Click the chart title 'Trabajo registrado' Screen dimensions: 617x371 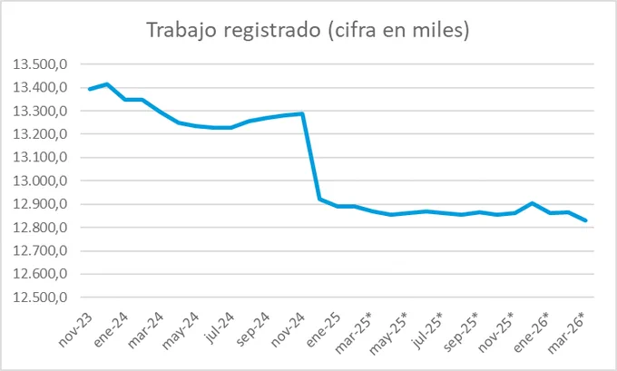(x=234, y=30)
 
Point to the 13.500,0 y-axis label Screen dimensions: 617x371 (x=40, y=64)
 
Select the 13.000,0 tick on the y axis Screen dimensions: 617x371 (x=40, y=181)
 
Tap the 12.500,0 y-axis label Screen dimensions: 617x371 (x=40, y=298)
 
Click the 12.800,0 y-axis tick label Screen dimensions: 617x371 (x=40, y=228)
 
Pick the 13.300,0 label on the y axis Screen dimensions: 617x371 (x=40, y=111)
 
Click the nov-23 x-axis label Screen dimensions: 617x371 (x=75, y=330)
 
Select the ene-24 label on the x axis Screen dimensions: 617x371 (x=111, y=330)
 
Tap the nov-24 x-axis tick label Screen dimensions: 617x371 (x=288, y=330)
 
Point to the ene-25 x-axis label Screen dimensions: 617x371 (x=323, y=330)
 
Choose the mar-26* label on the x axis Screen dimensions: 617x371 (x=566, y=332)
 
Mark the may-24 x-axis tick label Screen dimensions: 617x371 (x=181, y=331)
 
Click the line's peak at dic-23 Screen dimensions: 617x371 (x=107, y=83)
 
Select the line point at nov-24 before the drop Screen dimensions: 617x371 (x=302, y=113)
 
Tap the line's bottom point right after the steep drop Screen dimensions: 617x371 (x=319, y=199)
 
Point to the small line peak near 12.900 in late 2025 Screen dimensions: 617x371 (x=532, y=203)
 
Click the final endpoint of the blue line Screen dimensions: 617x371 (x=586, y=220)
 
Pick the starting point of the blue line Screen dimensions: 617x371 (x=89, y=89)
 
